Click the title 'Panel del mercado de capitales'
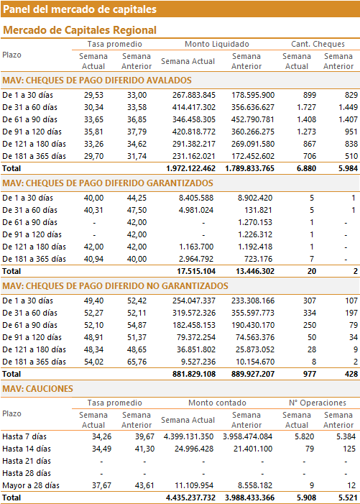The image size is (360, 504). pyautogui.click(x=80, y=9)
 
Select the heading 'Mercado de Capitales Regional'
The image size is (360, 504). pyautogui.click(x=80, y=30)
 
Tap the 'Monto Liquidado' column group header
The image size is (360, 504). pyautogui.click(x=217, y=44)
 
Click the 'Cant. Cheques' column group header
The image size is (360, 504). pyautogui.click(x=318, y=44)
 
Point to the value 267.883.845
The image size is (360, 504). pyautogui.click(x=193, y=95)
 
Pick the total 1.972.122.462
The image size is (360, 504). pyautogui.click(x=190, y=168)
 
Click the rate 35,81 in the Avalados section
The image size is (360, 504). pyautogui.click(x=94, y=132)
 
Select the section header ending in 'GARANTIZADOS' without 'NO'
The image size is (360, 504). pyautogui.click(x=108, y=183)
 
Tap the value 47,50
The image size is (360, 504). pyautogui.click(x=137, y=210)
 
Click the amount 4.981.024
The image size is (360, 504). pyautogui.click(x=196, y=210)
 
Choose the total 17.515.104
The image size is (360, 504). pyautogui.click(x=196, y=271)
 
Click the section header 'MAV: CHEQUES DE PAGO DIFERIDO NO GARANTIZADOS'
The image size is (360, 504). pyautogui.click(x=115, y=286)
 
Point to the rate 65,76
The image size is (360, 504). pyautogui.click(x=137, y=362)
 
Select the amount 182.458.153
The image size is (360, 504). pyautogui.click(x=193, y=325)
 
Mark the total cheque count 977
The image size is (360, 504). pyautogui.click(x=310, y=374)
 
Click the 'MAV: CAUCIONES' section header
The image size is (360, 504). pyautogui.click(x=37, y=389)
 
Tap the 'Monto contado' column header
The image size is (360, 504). pyautogui.click(x=217, y=403)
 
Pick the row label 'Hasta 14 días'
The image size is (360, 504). pyautogui.click(x=27, y=449)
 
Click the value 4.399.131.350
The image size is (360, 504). pyautogui.click(x=188, y=437)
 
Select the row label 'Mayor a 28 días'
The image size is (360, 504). pyautogui.click(x=31, y=486)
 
